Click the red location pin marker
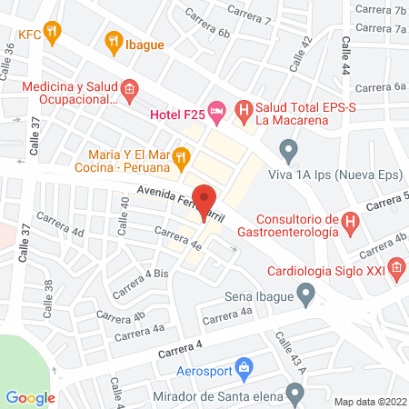click(205, 202)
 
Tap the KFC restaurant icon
click(54, 34)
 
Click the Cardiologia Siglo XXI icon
click(396, 267)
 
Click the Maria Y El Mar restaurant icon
click(182, 160)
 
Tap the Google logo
click(30, 397)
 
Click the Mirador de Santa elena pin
click(294, 393)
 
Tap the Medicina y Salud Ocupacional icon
click(128, 90)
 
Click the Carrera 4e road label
click(178, 238)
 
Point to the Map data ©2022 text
click(370, 401)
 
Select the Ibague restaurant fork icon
click(113, 39)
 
